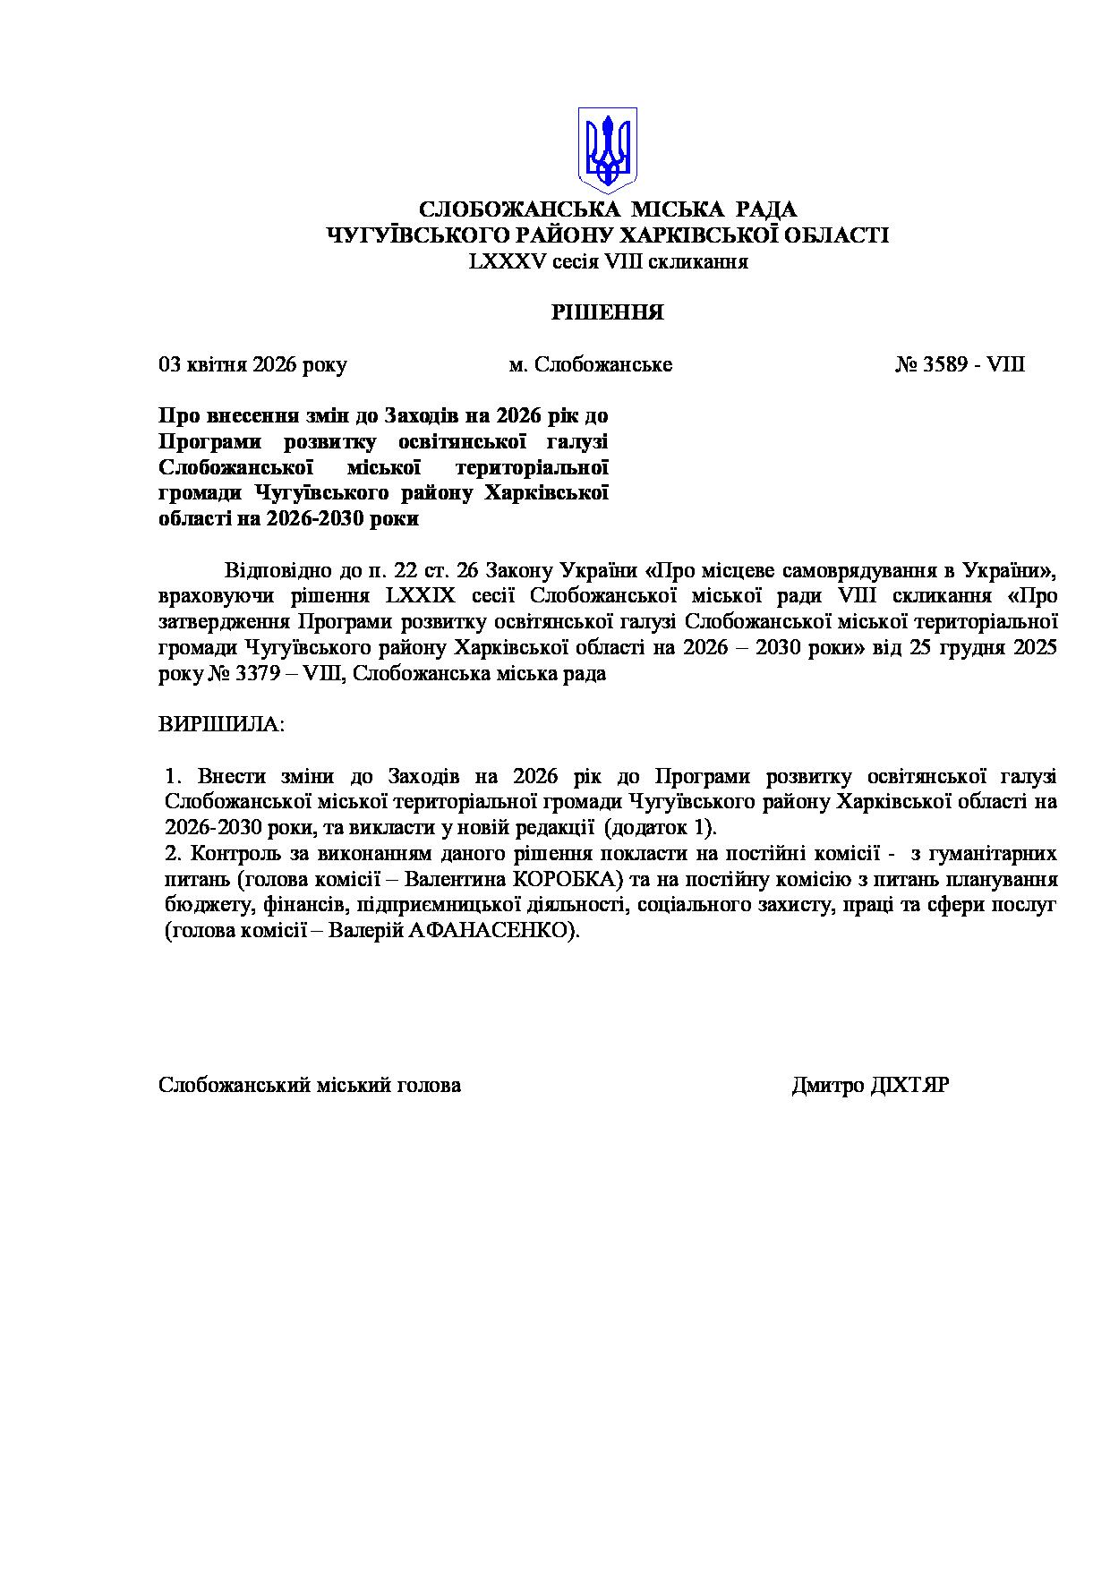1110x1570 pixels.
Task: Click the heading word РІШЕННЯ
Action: pyautogui.click(x=607, y=312)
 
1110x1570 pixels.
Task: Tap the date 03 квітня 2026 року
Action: pyautogui.click(x=252, y=365)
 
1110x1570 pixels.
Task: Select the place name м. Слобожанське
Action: pyautogui.click(x=591, y=365)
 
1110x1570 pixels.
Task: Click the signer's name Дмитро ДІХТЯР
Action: pyautogui.click(x=870, y=1086)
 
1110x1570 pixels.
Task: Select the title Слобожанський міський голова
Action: pyautogui.click(x=310, y=1086)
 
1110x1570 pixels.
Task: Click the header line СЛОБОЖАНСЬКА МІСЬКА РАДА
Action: pyautogui.click(x=608, y=210)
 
